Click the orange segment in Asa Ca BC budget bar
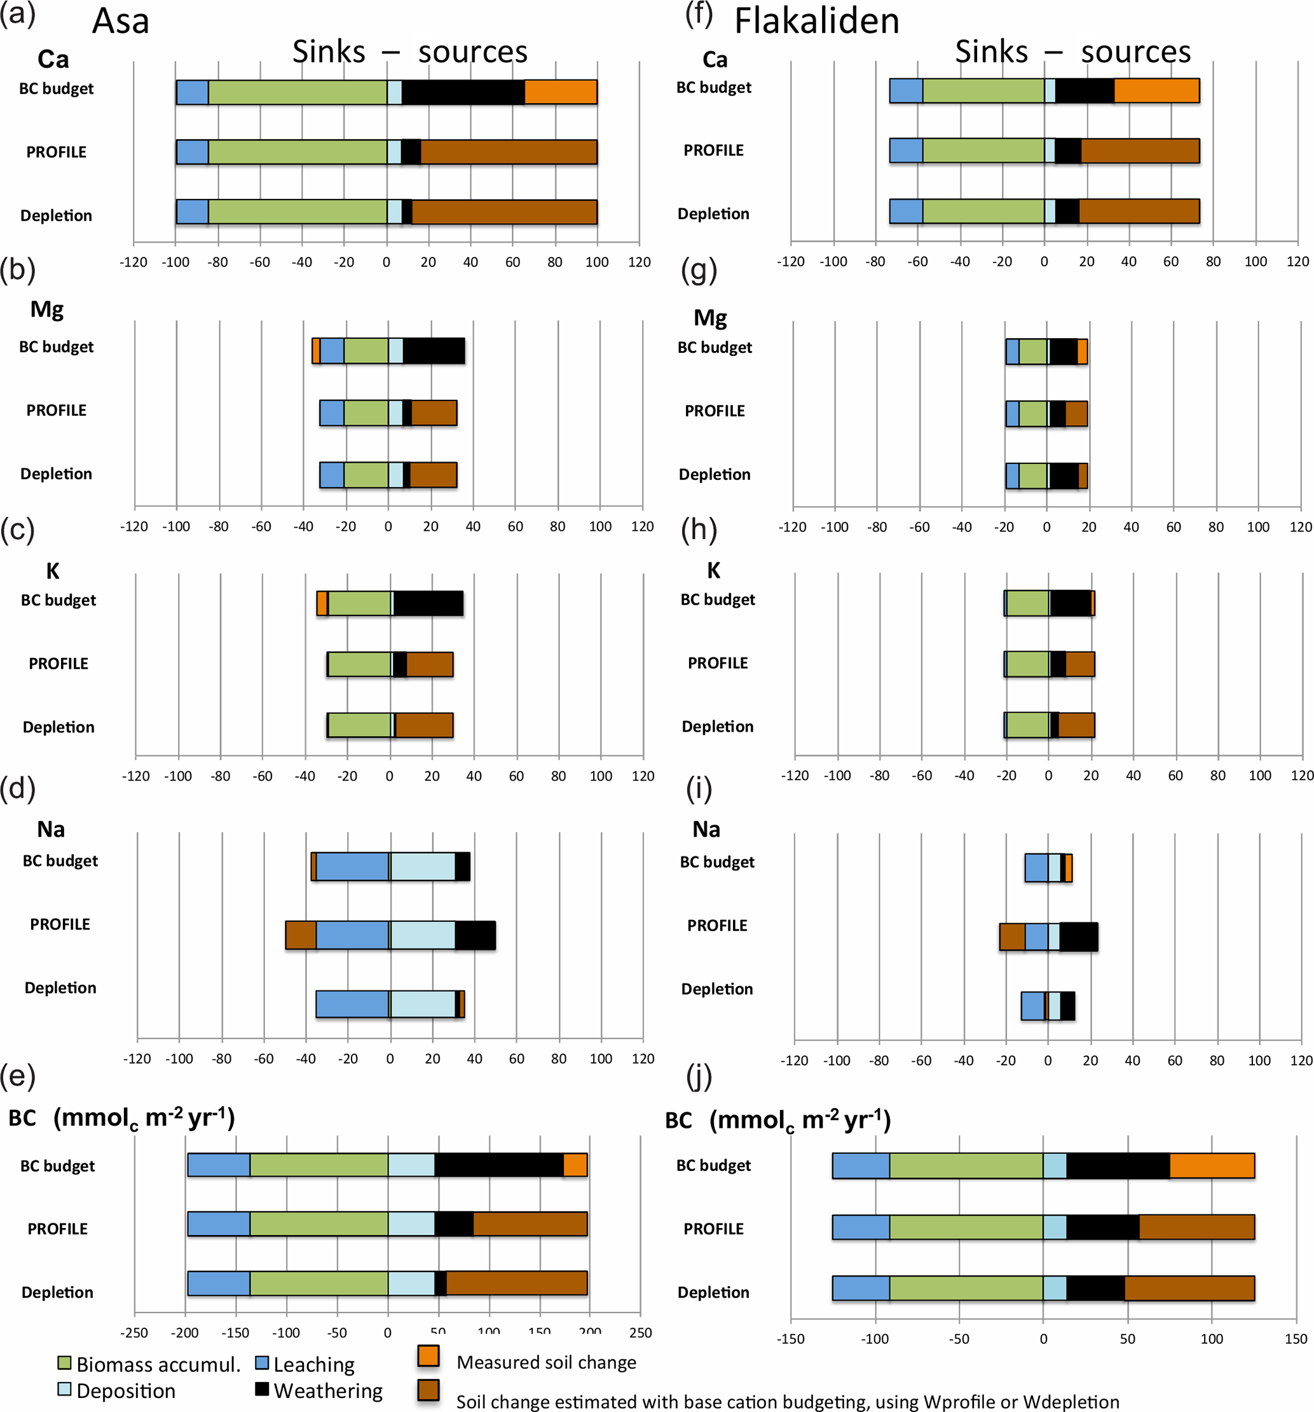pyautogui.click(x=561, y=92)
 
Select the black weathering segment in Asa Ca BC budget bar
pyautogui.click(x=462, y=92)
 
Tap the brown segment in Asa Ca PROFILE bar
pyautogui.click(x=509, y=152)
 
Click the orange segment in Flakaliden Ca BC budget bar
pyautogui.click(x=1156, y=91)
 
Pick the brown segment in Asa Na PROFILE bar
pyautogui.click(x=301, y=935)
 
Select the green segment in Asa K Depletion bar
pyautogui.click(x=359, y=725)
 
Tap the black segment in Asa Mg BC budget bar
pyautogui.click(x=434, y=351)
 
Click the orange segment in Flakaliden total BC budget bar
pyautogui.click(x=1212, y=1166)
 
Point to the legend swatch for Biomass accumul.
pyautogui.click(x=65, y=1364)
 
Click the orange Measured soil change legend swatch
pyautogui.click(x=428, y=1356)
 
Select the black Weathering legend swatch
pyautogui.click(x=262, y=1389)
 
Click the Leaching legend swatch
pyautogui.click(x=262, y=1364)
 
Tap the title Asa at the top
pyautogui.click(x=121, y=22)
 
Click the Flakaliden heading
pyautogui.click(x=817, y=22)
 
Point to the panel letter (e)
pyautogui.click(x=18, y=1077)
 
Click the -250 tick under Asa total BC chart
pyautogui.click(x=134, y=1333)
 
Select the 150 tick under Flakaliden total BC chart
pyautogui.click(x=1296, y=1339)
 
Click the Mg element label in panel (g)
pyautogui.click(x=709, y=317)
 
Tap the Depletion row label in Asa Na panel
pyautogui.click(x=60, y=988)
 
